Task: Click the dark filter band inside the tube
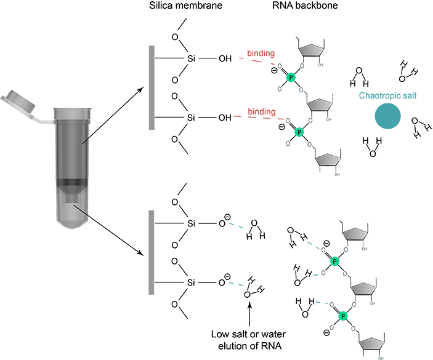click(x=72, y=182)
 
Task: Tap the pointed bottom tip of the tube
click(x=72, y=227)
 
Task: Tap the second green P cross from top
click(x=299, y=132)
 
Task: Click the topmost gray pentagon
click(x=312, y=50)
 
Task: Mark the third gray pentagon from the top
click(x=328, y=161)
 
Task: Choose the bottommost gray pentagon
click(x=371, y=343)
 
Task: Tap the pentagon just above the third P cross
click(x=355, y=234)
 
